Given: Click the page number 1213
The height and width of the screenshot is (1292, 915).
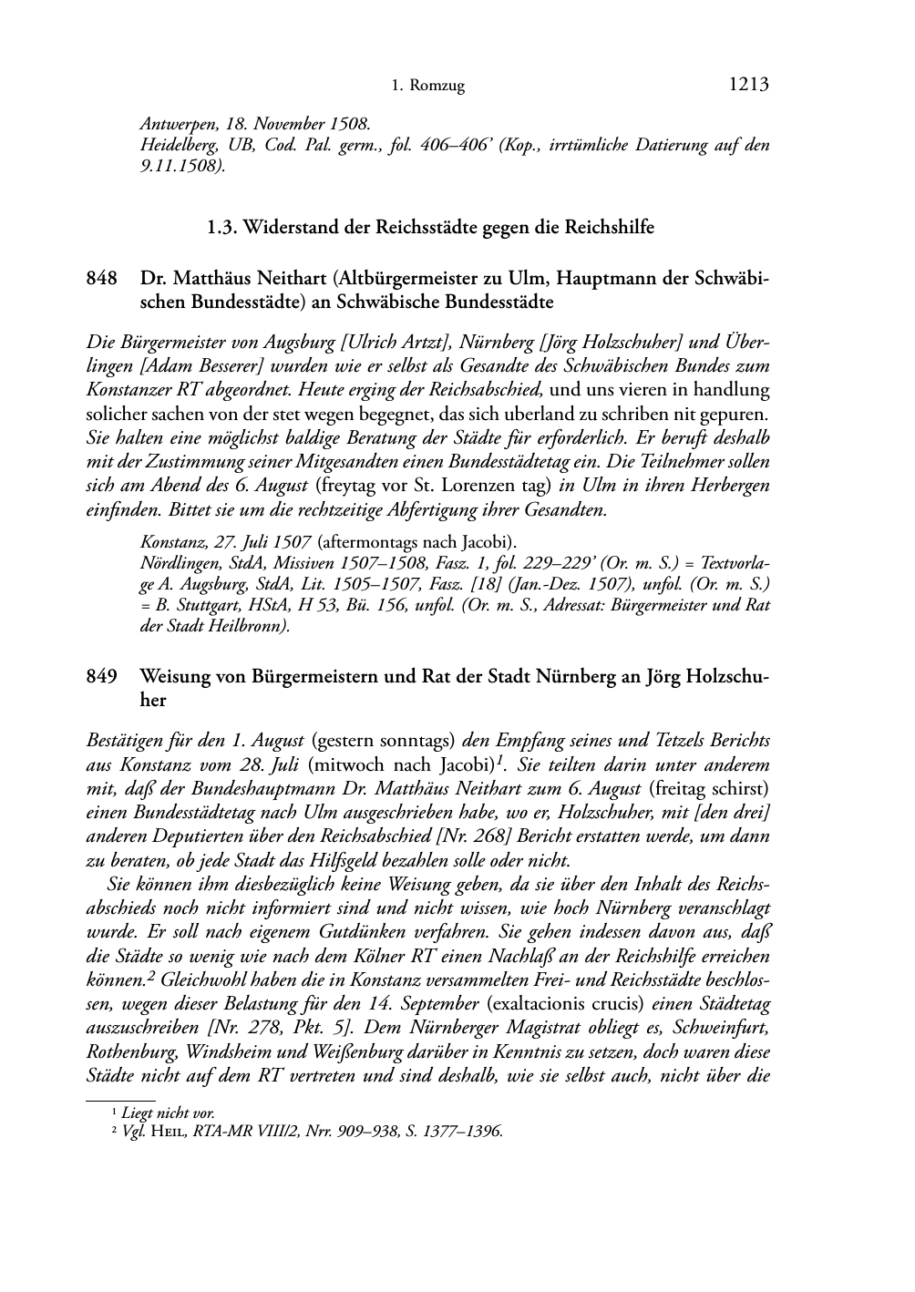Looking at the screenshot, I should pos(749,85).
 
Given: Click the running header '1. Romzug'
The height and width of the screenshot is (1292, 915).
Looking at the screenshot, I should pos(427,87).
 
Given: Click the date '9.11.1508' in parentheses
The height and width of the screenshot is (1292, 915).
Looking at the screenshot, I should pos(180,166).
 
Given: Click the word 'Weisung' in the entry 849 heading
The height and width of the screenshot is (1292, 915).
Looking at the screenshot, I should pos(173,677).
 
